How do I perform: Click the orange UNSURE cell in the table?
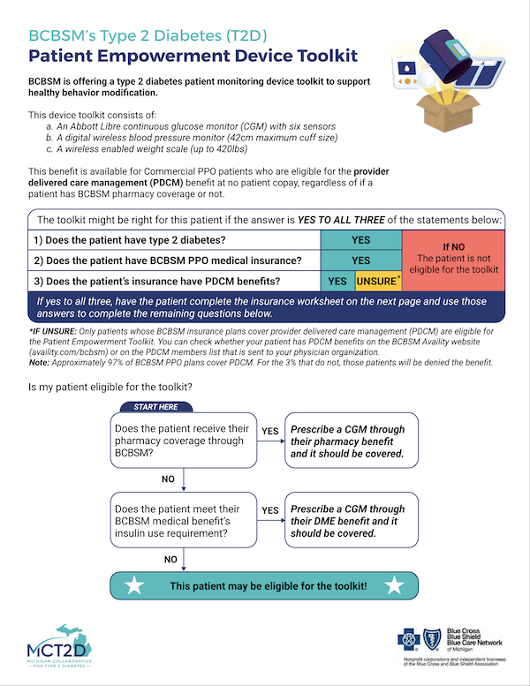(x=378, y=282)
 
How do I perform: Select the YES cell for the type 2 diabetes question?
(x=360, y=239)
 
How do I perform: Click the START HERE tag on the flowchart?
(x=155, y=407)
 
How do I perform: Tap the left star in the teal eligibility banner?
(x=135, y=585)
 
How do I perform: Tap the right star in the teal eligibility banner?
(x=394, y=585)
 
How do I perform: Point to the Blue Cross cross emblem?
(x=413, y=638)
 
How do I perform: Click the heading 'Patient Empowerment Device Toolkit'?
(x=193, y=57)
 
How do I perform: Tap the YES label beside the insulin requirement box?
(x=270, y=510)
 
